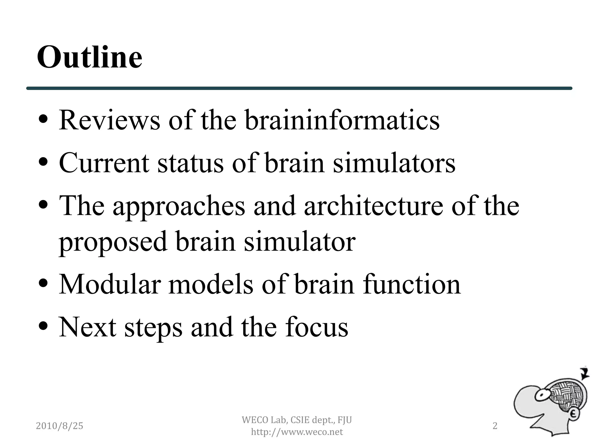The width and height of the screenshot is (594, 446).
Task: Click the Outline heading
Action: [x=90, y=57]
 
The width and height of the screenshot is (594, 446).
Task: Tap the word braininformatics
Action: [x=342, y=120]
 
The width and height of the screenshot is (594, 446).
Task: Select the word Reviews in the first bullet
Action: [x=109, y=120]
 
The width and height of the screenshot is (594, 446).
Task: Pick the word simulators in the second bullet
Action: [x=394, y=163]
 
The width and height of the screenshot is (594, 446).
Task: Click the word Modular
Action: [x=110, y=284]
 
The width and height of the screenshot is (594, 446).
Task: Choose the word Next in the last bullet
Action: [x=88, y=327]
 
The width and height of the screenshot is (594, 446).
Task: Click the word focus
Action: [x=317, y=327]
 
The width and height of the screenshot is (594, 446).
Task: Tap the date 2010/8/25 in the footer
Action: [x=59, y=426]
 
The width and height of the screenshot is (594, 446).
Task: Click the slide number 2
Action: [x=495, y=426]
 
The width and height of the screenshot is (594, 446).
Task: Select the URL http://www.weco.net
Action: [x=297, y=432]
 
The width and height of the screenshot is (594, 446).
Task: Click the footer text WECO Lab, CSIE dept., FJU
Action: [x=297, y=420]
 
